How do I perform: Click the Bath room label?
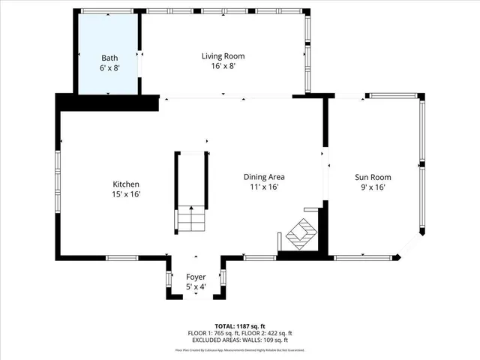(x=110, y=57)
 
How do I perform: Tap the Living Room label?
(x=223, y=55)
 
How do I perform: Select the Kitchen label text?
(x=126, y=184)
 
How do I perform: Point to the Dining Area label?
(x=263, y=177)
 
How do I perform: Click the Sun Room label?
(x=373, y=177)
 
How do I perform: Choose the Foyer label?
(x=196, y=277)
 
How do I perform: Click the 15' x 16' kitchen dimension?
(x=126, y=194)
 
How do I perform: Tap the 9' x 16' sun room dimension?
(x=373, y=187)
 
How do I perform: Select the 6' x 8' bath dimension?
(x=110, y=67)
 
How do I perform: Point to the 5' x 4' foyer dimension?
(x=196, y=286)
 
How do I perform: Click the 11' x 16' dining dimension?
(x=263, y=187)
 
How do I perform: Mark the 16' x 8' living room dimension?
(x=223, y=66)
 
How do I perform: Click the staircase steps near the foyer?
(x=190, y=220)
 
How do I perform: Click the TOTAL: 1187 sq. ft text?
(x=239, y=326)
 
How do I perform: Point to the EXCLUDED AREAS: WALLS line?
(x=239, y=340)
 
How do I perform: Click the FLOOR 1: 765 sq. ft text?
(x=212, y=333)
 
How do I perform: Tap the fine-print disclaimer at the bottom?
(x=239, y=349)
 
